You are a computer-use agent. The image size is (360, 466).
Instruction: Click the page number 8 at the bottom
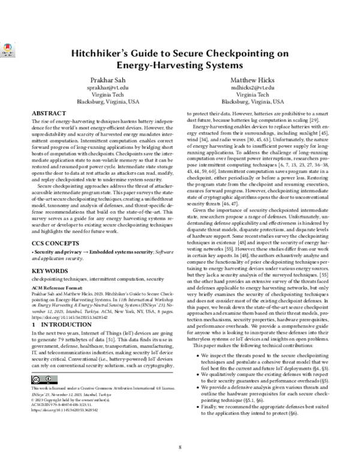pos(179,447)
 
